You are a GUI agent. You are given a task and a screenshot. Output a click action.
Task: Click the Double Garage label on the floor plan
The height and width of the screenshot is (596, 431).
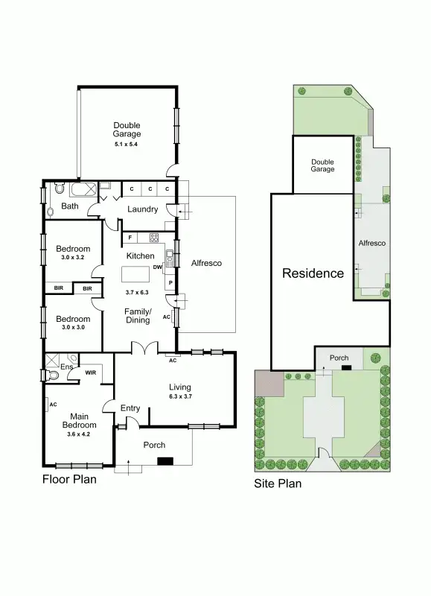(x=127, y=130)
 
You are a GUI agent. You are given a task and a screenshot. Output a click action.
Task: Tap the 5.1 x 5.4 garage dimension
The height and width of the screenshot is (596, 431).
(x=127, y=143)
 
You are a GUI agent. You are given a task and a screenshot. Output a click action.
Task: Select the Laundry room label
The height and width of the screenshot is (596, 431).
(x=142, y=209)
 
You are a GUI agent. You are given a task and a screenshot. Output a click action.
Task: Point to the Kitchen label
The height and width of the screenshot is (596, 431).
(x=140, y=256)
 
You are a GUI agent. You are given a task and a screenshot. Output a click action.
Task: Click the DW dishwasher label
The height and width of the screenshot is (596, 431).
(x=157, y=267)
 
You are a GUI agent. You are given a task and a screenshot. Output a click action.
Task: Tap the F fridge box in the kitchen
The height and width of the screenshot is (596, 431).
(x=131, y=238)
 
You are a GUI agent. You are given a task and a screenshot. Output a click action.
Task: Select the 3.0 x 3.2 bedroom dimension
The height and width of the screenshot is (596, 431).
(x=73, y=258)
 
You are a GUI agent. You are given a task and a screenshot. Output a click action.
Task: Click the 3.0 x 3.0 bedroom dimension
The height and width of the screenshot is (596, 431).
(x=73, y=328)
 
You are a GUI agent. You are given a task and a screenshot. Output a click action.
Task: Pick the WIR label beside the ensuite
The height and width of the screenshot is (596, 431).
(x=91, y=372)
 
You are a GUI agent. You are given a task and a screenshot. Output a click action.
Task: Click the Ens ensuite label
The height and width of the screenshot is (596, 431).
(x=67, y=367)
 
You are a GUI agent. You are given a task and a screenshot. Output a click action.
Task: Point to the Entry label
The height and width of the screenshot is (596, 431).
(x=130, y=408)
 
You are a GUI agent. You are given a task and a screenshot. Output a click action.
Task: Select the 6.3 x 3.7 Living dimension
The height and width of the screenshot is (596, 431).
(x=179, y=396)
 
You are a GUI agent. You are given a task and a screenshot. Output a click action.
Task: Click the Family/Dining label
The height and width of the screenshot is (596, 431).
(x=138, y=315)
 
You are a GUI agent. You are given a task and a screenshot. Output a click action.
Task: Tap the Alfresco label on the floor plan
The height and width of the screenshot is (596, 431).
(x=207, y=263)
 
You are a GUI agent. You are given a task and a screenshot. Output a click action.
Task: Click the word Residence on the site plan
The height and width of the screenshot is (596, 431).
(x=313, y=273)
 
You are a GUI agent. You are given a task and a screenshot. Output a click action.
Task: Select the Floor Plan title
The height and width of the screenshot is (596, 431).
(x=69, y=479)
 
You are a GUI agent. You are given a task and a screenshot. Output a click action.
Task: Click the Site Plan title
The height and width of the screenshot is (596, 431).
(x=278, y=483)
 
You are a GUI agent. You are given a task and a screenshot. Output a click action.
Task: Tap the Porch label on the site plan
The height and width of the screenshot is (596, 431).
(x=339, y=358)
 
